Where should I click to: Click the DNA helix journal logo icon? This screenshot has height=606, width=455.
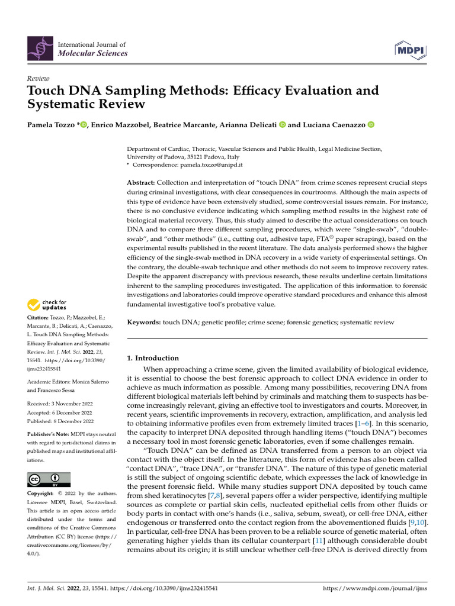pos(40,49)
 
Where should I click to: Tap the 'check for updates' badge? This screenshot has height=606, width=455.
pos(47,305)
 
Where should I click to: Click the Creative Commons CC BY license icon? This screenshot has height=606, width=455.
pos(49,479)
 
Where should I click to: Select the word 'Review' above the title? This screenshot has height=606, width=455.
pos(39,79)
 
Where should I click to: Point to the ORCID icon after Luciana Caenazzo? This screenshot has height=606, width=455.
pos(371,124)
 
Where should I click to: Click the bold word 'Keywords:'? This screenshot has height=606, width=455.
pos(144,322)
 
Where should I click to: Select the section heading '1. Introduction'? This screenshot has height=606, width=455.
pos(153,358)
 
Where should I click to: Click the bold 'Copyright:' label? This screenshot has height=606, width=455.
pos(41,494)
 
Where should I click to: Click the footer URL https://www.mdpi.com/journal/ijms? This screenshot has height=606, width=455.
pos(374,589)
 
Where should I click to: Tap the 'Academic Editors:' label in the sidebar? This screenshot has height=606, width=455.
pos(49,383)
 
